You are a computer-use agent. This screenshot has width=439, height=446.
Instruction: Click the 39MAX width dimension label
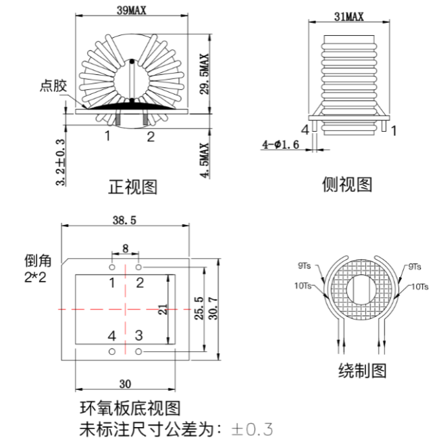[x=131, y=11]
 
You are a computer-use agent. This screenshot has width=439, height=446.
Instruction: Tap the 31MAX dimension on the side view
[x=349, y=17]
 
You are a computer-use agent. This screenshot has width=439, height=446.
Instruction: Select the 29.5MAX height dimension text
[x=204, y=74]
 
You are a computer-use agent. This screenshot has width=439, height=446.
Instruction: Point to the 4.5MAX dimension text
[x=204, y=160]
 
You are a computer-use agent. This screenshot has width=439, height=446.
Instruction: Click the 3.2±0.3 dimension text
[x=60, y=162]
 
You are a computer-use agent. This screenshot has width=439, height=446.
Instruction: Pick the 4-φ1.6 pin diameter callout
[x=280, y=145]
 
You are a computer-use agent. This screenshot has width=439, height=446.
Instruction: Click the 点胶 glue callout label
[x=53, y=86]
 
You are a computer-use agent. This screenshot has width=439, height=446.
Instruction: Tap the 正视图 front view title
[x=132, y=187]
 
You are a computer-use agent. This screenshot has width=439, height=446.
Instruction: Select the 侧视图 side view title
[x=347, y=184]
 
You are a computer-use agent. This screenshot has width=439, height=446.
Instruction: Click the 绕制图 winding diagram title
[x=362, y=370]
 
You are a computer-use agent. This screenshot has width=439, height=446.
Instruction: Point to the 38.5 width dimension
[x=124, y=220]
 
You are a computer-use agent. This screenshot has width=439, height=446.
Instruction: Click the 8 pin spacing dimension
[x=126, y=249]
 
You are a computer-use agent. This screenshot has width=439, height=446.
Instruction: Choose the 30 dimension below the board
[x=125, y=384]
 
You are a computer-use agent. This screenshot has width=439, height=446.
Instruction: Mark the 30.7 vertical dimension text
[x=213, y=309]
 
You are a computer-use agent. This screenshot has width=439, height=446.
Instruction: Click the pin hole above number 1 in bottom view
[x=112, y=267]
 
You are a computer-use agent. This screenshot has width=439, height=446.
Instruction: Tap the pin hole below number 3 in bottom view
[x=138, y=351]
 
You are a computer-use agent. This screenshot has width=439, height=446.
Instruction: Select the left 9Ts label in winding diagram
[x=304, y=266]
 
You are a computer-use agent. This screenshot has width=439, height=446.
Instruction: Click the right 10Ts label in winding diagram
[x=419, y=287]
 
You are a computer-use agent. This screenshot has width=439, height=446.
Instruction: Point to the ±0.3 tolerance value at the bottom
[x=252, y=430]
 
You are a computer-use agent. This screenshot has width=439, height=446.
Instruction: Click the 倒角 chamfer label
[x=38, y=261]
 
